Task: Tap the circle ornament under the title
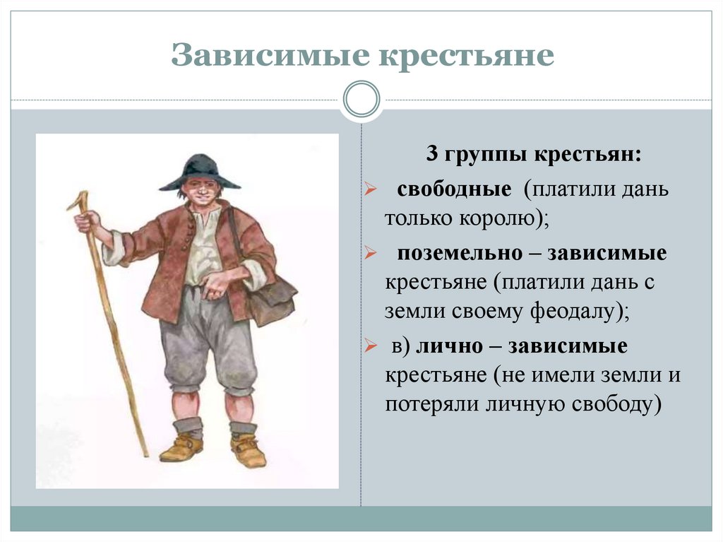(361, 98)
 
